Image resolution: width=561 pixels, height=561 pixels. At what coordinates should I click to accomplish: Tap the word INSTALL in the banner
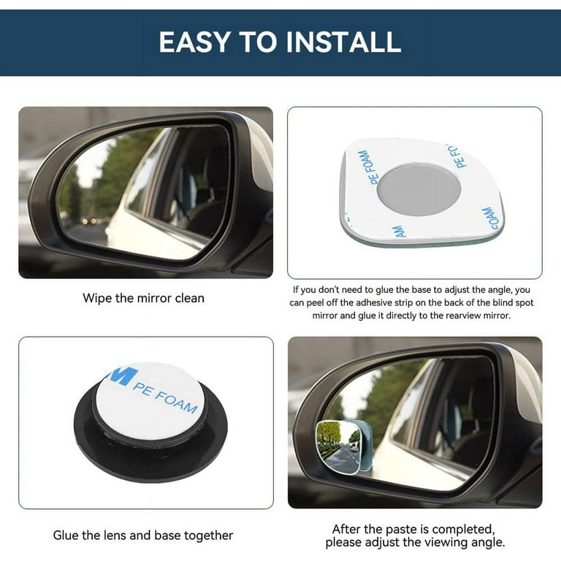click(x=343, y=42)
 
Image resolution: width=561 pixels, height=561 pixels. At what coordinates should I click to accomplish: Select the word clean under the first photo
click(x=189, y=298)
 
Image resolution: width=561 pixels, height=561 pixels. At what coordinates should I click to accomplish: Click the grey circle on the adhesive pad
click(x=419, y=190)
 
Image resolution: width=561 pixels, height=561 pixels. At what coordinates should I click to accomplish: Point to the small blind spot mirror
click(x=343, y=447)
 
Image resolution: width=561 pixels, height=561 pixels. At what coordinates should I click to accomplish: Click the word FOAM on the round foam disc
click(x=177, y=402)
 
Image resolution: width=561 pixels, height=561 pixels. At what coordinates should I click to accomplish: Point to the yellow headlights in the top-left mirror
click(x=89, y=221)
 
